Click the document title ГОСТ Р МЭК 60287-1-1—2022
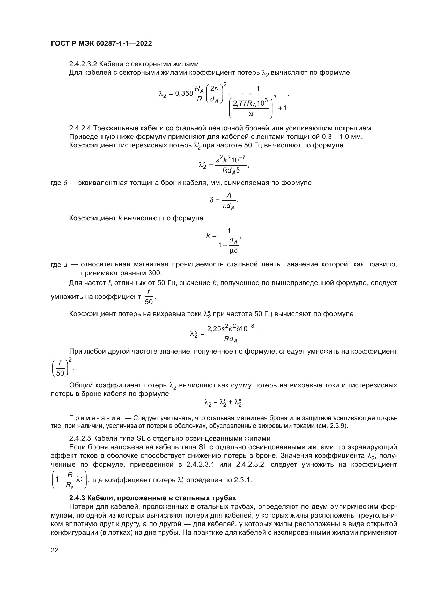pos(101,43)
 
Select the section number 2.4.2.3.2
pos(83,64)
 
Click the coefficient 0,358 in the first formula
pos(184,93)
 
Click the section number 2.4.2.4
pos(80,128)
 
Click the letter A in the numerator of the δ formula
pos(229,195)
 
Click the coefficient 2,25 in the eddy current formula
pos(213,328)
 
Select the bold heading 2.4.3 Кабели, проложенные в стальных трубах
pos(153,498)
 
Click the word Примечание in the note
pos(95,418)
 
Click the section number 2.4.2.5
pos(80,438)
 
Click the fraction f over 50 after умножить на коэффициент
pos(149,297)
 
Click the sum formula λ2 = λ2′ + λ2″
pos(224,403)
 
